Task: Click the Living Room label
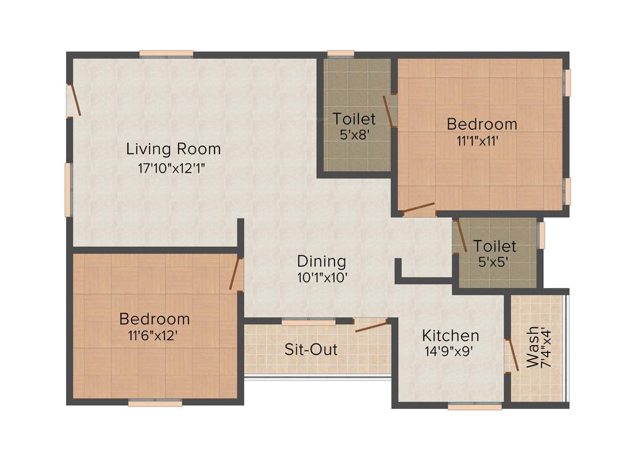[x=173, y=149]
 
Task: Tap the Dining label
[x=321, y=261]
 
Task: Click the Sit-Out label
[x=311, y=349]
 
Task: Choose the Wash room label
[x=532, y=347]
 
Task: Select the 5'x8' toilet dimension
[x=354, y=134]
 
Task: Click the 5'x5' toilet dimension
[x=495, y=262]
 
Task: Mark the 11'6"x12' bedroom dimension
[x=154, y=336]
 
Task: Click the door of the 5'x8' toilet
[x=389, y=111]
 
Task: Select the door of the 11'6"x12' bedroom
[x=235, y=273]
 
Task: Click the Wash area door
[x=512, y=355]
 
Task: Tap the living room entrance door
[x=74, y=100]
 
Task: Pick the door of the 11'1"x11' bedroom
[x=418, y=208]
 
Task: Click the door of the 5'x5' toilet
[x=461, y=235]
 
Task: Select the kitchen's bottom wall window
[x=475, y=406]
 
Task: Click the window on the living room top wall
[x=166, y=54]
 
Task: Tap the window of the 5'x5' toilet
[x=542, y=236]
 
